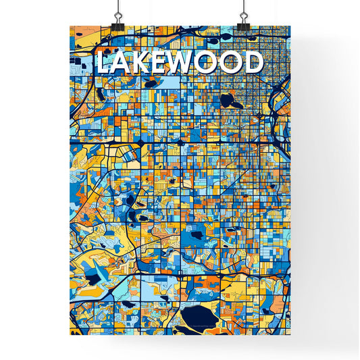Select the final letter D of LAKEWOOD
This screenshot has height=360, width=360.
[252, 63]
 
